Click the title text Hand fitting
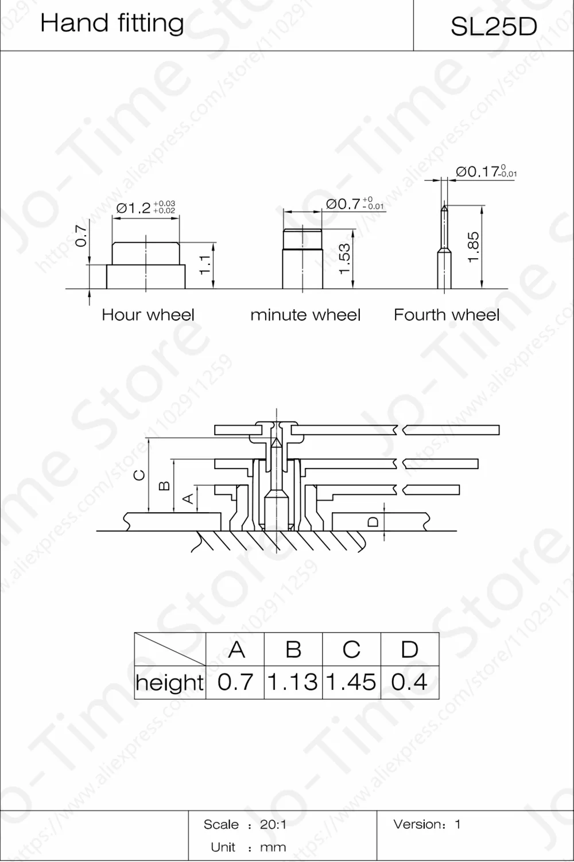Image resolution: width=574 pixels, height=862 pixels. click(x=112, y=24)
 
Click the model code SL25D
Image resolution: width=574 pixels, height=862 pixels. click(x=494, y=26)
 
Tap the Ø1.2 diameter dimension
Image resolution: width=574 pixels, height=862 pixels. click(x=145, y=207)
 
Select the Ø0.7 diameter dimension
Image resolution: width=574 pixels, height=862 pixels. click(x=354, y=204)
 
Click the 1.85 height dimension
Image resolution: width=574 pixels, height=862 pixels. click(x=473, y=247)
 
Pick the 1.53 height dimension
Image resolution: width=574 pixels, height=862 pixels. click(x=344, y=259)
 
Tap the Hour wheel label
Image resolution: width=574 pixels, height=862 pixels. click(x=148, y=315)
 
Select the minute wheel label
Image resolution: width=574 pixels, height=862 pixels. click(x=305, y=315)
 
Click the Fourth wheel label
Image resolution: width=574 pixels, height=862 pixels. click(x=447, y=315)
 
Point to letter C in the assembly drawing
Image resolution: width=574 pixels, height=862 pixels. click(x=139, y=475)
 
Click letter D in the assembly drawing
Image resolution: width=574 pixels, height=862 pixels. click(x=374, y=521)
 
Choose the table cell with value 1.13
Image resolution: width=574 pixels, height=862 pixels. click(x=293, y=682)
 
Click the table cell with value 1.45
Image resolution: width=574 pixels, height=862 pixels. click(x=351, y=682)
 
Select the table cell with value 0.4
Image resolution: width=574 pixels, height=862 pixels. click(x=409, y=682)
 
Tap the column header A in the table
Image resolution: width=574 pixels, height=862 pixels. click(x=236, y=650)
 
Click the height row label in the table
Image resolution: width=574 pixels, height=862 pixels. click(x=170, y=682)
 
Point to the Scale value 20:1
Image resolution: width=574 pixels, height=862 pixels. click(x=273, y=825)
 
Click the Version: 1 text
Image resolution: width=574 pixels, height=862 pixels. click(x=426, y=824)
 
